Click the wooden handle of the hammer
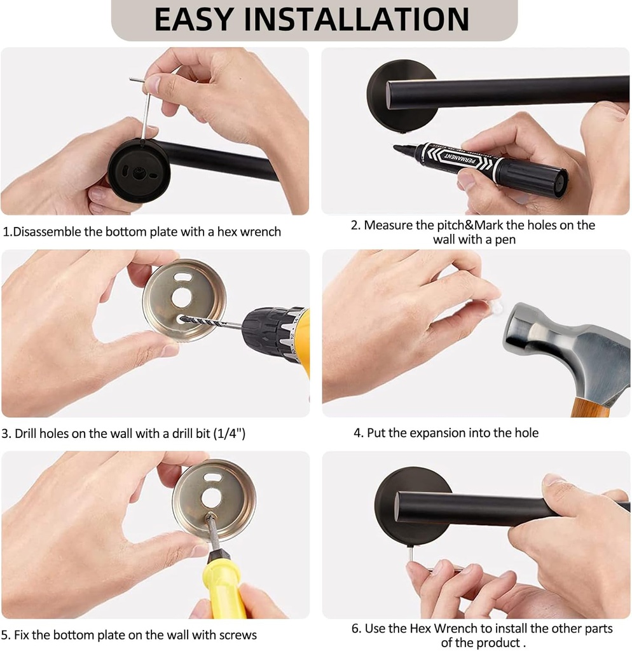589,407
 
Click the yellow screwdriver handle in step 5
223,588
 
